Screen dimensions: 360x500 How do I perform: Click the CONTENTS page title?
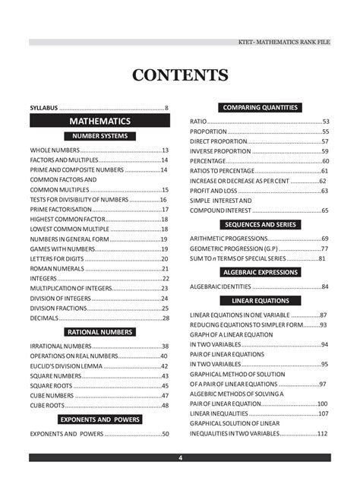[180, 74]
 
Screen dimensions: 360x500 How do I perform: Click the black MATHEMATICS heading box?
[99, 122]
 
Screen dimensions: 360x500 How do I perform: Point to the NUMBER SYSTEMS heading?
[99, 136]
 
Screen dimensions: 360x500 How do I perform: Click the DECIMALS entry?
[45, 318]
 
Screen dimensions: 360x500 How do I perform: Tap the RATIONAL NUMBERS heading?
[99, 332]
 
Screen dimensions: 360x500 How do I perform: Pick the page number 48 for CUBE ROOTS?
[165, 405]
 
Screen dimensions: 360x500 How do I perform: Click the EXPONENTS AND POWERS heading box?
[99, 419]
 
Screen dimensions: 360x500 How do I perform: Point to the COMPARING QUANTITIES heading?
[260, 107]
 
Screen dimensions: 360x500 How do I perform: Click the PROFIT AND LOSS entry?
[215, 190]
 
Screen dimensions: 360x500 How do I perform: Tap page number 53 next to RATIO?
[325, 122]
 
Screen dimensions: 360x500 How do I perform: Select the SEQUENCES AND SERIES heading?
[260, 225]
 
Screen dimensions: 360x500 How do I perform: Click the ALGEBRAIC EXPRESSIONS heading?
[260, 272]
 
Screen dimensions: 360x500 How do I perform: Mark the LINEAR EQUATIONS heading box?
[260, 301]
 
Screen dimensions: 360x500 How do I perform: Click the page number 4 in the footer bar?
[180, 457]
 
